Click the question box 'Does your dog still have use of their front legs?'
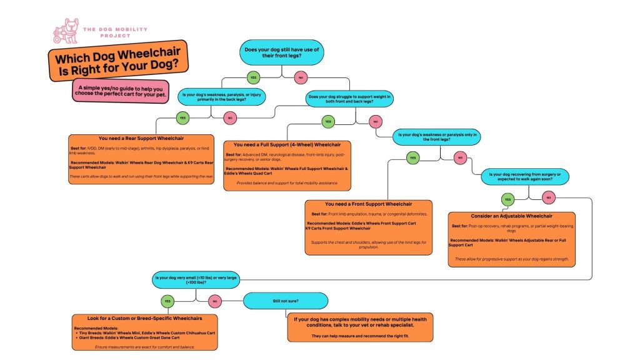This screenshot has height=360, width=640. tap(282, 52)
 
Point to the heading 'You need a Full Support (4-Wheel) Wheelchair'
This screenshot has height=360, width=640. tap(287, 145)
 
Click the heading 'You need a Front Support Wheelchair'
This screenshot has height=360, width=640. tap(368, 204)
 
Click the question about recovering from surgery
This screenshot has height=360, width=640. tap(525, 177)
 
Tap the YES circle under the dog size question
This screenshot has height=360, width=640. tap(166, 301)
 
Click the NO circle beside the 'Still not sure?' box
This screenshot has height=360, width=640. tap(214, 301)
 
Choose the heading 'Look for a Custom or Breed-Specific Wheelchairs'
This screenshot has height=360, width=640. tap(139, 318)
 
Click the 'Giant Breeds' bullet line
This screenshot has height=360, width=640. tap(131, 338)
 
